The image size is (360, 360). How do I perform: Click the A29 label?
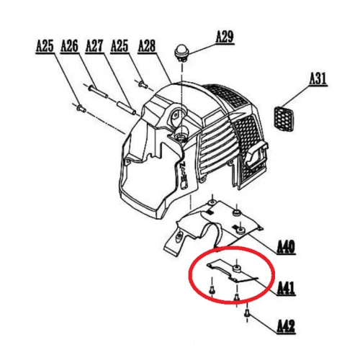click(225, 37)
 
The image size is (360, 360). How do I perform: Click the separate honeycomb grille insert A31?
click(284, 119)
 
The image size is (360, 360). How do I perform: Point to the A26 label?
click(69, 46)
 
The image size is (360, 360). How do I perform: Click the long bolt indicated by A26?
click(98, 91)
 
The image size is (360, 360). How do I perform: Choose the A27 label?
click(94, 46)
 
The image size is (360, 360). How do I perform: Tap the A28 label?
click(147, 46)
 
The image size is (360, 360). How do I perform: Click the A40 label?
click(286, 247)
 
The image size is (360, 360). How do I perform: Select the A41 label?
click(286, 288)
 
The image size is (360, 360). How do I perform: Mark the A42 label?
click(286, 326)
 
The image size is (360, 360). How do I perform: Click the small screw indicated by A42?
click(248, 313)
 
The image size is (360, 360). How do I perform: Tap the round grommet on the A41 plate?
click(237, 269)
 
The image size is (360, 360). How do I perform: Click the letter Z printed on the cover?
click(183, 166)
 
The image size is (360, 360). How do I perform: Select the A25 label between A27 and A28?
click(120, 46)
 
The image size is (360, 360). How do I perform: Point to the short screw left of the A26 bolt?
click(81, 108)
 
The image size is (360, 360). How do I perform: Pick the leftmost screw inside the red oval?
click(212, 291)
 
